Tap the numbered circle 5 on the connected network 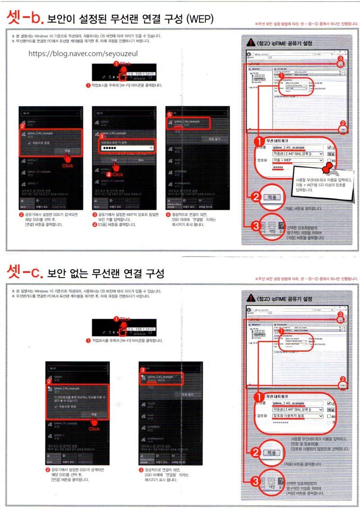[x=170, y=115]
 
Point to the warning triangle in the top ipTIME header [x=251, y=43]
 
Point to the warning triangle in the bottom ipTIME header [x=251, y=299]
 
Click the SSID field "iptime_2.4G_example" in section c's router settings [x=295, y=403]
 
